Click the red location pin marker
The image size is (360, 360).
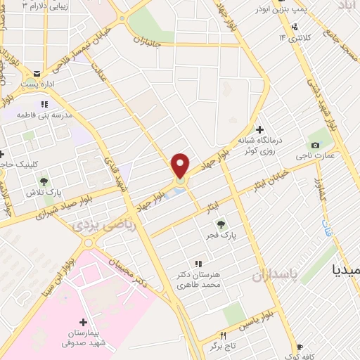pos(181,167)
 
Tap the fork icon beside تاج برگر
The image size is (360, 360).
pos(224,335)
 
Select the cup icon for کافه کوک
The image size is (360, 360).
pos(300,347)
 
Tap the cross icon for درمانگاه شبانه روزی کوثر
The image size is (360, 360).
pos(259,129)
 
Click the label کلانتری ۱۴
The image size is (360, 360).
pos(292,37)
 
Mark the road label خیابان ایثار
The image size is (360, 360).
pos(270,181)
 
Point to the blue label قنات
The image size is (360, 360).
pos(326,228)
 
